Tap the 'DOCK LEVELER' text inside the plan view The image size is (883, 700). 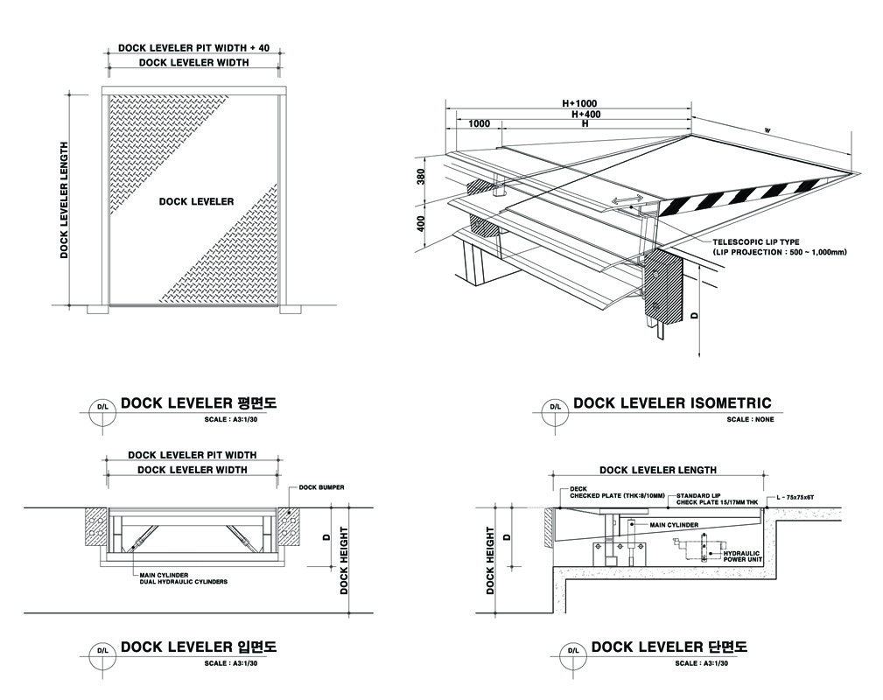pyautogui.click(x=196, y=201)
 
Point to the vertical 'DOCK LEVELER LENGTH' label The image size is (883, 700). pyautogui.click(x=64, y=200)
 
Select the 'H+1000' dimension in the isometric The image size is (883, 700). pyautogui.click(x=579, y=103)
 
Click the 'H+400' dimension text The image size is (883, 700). pyautogui.click(x=586, y=114)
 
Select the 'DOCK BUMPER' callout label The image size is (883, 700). pyautogui.click(x=320, y=486)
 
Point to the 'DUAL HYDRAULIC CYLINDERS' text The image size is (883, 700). pyautogui.click(x=183, y=582)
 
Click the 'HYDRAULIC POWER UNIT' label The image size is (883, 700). pyautogui.click(x=743, y=556)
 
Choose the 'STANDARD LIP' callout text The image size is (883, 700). pyautogui.click(x=697, y=495)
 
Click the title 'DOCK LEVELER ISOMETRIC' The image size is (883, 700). pyautogui.click(x=672, y=403)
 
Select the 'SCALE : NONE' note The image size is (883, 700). pyautogui.click(x=750, y=420)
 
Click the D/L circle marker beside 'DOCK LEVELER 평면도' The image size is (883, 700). pyautogui.click(x=102, y=407)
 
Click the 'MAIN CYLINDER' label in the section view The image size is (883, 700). pyautogui.click(x=674, y=525)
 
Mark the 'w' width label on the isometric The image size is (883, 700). pyautogui.click(x=767, y=131)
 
